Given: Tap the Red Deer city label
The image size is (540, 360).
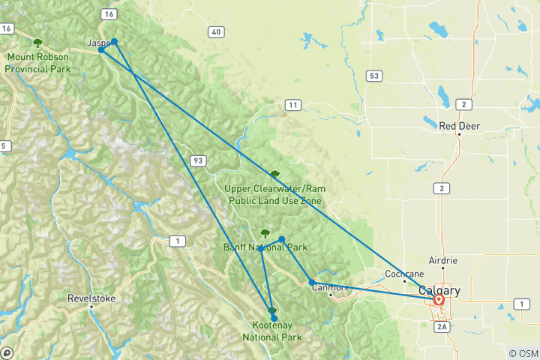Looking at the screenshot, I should [x=459, y=126].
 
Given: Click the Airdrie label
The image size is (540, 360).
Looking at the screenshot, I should [x=442, y=260].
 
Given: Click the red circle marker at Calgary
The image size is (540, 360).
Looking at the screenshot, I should [x=439, y=301].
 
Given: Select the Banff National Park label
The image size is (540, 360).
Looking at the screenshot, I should [x=265, y=247].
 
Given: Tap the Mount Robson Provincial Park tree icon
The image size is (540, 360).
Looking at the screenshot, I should [x=37, y=43].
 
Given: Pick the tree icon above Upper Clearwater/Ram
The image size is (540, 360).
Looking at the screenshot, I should [x=274, y=174].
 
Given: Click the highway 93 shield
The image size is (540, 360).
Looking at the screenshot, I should [x=198, y=160].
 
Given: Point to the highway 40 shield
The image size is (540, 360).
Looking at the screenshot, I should [x=216, y=31].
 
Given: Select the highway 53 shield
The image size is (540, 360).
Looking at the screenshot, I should [x=373, y=76].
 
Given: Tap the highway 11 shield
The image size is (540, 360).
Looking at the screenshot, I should [x=292, y=104].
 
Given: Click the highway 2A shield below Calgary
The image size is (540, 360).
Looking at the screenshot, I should [x=442, y=326].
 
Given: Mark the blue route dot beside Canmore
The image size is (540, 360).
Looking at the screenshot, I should [x=312, y=283].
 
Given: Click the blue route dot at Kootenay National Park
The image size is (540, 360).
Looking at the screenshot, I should [x=274, y=318].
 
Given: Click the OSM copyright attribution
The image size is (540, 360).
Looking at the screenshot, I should [x=523, y=353].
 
